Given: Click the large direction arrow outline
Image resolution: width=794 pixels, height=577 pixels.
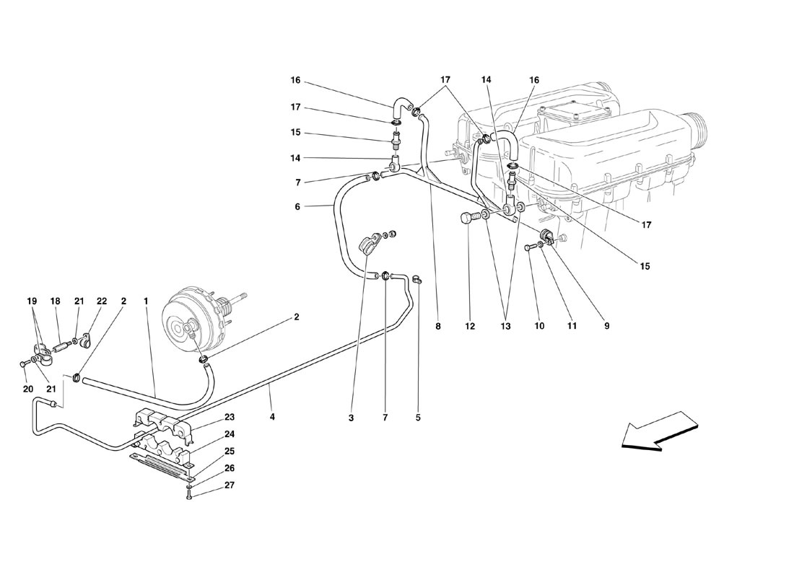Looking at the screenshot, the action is click(658, 431).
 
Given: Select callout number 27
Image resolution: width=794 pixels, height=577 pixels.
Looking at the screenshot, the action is click(230, 485).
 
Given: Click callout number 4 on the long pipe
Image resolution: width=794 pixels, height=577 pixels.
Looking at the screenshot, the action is click(272, 418).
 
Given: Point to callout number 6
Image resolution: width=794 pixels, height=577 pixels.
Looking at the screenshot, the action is click(297, 206).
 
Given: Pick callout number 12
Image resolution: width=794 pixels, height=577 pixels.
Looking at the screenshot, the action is click(470, 327).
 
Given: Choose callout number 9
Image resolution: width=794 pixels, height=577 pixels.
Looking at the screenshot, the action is click(606, 327).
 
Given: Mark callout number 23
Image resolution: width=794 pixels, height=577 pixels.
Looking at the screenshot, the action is click(230, 417).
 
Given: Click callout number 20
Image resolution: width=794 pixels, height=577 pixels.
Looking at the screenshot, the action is click(28, 389).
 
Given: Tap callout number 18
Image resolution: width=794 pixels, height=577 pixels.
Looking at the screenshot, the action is click(55, 301).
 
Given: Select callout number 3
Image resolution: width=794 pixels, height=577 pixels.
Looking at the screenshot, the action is click(351, 418).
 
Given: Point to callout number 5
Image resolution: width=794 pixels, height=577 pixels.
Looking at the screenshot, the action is click(418, 418).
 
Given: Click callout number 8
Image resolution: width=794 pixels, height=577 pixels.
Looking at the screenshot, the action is click(437, 327).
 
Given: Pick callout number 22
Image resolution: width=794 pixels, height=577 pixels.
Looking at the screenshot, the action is click(102, 301).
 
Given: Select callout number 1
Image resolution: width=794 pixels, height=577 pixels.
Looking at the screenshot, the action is click(145, 301).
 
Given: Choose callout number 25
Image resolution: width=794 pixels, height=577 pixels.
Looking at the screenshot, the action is click(230, 451).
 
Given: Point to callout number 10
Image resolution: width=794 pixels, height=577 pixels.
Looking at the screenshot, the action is click(539, 327).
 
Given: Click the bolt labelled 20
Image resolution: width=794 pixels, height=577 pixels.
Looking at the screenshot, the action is click(23, 364).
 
